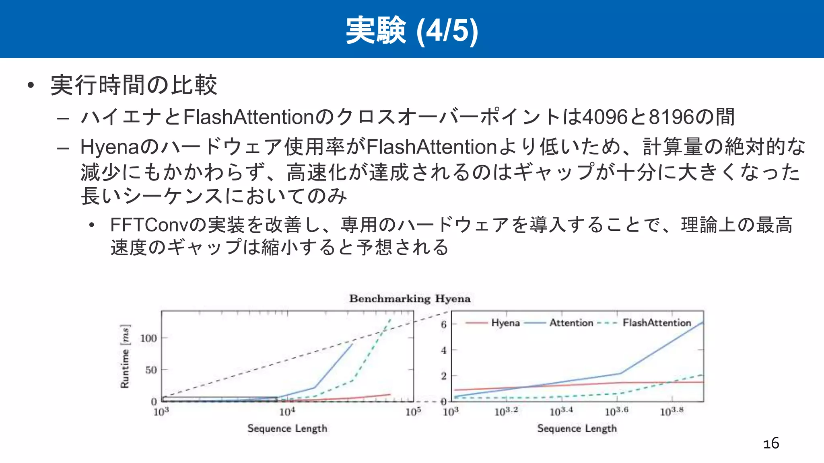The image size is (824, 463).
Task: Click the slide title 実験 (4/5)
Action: (412, 30)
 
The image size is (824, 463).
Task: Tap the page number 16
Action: (771, 443)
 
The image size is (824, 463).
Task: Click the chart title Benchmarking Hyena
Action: (410, 299)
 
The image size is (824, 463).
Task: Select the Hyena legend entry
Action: (505, 323)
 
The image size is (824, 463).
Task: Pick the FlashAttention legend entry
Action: (657, 323)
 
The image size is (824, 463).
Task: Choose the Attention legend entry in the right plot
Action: (571, 323)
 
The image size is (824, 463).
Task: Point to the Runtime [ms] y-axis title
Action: (125, 356)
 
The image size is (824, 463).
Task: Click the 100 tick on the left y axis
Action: (148, 338)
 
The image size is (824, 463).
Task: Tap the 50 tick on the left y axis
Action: (151, 370)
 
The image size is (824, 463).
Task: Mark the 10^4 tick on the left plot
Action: (287, 412)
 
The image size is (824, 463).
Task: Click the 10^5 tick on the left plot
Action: (413, 412)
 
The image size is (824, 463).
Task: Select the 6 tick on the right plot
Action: (444, 324)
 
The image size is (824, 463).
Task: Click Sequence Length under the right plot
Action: (577, 428)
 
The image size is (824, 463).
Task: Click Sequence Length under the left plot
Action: (287, 428)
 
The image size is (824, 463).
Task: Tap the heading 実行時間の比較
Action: (134, 85)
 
